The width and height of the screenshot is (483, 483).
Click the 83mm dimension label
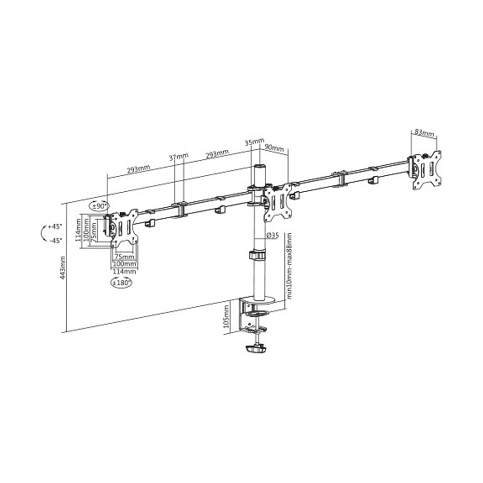pyautogui.click(x=424, y=133)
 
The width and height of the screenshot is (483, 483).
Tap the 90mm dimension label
pyautogui.click(x=274, y=147)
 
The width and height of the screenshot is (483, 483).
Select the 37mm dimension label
pyautogui.click(x=178, y=157)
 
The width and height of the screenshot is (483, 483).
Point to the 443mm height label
pyautogui.click(x=63, y=268)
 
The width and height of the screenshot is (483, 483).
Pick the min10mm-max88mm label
pyautogui.click(x=289, y=266)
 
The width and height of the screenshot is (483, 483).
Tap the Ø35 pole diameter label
pyautogui.click(x=272, y=236)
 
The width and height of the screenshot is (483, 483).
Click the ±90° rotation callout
pyautogui.click(x=99, y=206)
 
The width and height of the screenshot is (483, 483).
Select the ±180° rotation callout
pyautogui.click(x=121, y=282)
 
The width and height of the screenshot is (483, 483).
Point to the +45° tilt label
pyautogui.click(x=55, y=227)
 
